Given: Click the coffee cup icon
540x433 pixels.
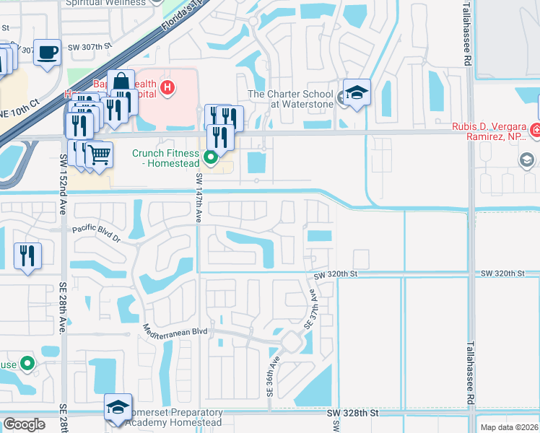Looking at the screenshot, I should tap(48, 53).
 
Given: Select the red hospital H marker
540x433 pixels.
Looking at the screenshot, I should tap(167, 88).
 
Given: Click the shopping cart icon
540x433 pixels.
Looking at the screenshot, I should tap(99, 154).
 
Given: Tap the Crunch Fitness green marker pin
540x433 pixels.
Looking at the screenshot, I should tap(211, 157).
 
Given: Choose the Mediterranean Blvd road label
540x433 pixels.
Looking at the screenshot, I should tap(175, 330).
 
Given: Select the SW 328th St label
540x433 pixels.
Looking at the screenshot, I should tap(352, 414).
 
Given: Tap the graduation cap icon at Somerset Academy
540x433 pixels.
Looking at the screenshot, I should tap(118, 406).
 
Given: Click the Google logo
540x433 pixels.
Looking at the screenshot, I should tap(25, 424).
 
